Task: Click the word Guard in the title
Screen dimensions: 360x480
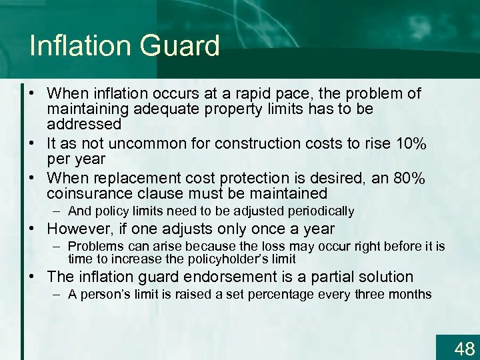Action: [181, 46]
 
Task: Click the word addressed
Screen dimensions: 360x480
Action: [84, 124]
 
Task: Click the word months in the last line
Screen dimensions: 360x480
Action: [409, 294]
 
